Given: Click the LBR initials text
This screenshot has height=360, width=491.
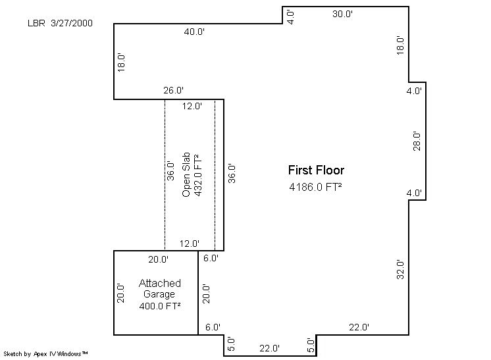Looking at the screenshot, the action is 36,23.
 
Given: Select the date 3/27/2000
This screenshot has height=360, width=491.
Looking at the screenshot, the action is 72,23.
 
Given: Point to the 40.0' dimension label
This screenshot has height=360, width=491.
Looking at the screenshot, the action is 194,32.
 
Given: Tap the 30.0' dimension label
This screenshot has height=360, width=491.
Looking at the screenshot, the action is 342,14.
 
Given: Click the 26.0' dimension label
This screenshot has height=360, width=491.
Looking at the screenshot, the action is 174,90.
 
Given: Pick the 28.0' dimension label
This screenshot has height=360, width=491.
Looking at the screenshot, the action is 417,141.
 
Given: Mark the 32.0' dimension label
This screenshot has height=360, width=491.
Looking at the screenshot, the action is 400,269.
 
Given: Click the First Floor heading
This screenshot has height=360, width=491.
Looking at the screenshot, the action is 317,170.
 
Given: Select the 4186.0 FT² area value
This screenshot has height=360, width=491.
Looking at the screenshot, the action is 315,187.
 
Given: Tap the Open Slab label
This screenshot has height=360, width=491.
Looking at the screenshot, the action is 186,174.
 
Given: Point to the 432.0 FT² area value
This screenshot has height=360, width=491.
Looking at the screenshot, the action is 198,175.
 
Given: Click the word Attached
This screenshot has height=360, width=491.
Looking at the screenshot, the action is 160,283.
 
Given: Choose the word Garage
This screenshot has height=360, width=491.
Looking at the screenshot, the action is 159,294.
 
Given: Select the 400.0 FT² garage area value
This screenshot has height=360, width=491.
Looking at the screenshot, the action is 160,306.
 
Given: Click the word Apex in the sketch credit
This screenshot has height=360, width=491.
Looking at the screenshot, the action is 39,354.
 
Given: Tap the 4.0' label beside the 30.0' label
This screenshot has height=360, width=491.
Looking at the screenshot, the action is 290,17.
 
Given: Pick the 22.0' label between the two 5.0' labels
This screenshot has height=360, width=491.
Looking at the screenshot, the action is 270,348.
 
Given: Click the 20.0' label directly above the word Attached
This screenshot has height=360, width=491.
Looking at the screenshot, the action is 159,259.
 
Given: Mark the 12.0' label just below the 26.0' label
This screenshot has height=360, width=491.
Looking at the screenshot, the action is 192,106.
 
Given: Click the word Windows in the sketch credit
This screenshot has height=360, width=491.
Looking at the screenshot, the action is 69,354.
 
